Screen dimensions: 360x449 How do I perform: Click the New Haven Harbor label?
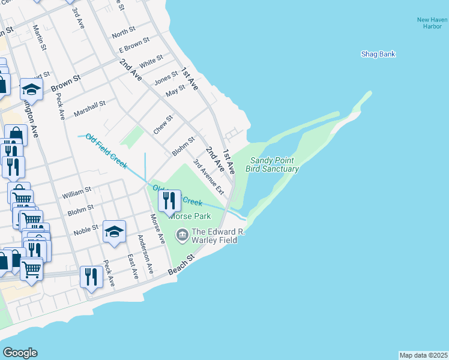(x=432, y=23)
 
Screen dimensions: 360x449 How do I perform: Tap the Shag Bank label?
(x=378, y=54)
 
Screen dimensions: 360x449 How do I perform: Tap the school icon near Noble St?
(x=114, y=232)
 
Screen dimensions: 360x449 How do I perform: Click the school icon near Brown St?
(x=31, y=90)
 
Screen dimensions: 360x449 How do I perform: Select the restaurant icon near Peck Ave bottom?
(x=91, y=277)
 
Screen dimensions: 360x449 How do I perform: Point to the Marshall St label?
(x=89, y=109)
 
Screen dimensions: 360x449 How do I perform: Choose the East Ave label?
(x=133, y=266)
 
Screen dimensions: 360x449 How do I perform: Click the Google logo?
(x=20, y=352)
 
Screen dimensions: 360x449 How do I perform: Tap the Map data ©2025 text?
(x=423, y=355)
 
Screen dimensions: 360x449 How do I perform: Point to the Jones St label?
(x=166, y=77)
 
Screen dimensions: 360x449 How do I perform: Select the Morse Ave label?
(x=158, y=229)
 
